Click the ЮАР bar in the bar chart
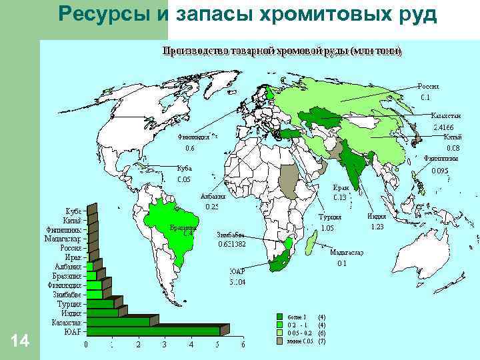click(x=153, y=331)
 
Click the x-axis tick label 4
click(x=191, y=345)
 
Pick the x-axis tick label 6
click(x=243, y=345)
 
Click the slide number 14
click(x=20, y=341)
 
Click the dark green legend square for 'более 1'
click(x=281, y=317)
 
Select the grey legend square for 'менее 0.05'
click(x=281, y=341)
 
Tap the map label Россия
click(x=429, y=87)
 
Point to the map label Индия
click(x=377, y=216)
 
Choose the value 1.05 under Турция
click(x=327, y=227)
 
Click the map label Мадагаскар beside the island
click(x=347, y=253)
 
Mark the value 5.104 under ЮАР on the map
click(x=237, y=282)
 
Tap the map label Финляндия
click(x=193, y=137)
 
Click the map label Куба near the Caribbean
click(x=185, y=169)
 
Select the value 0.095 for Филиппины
click(x=441, y=171)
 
